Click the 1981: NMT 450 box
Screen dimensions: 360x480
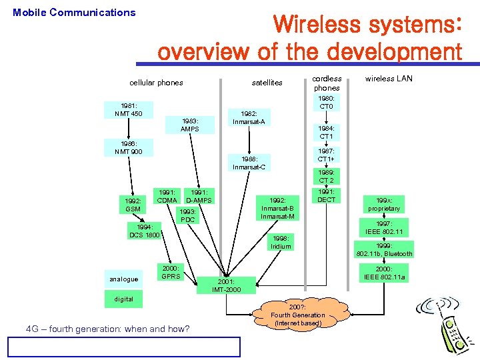coord(127,110)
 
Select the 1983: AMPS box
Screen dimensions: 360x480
coord(190,125)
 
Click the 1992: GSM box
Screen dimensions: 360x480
coord(133,205)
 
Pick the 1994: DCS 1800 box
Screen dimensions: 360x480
coord(145,231)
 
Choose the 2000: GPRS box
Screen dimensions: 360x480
coord(171,272)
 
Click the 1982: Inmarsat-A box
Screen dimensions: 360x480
coord(249,118)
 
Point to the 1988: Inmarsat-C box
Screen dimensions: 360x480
coord(249,163)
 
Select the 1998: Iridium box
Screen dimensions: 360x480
coord(281,242)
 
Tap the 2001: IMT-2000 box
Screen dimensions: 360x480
coord(223,285)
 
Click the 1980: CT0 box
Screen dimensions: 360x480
coord(327,102)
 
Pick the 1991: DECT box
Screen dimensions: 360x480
coord(327,196)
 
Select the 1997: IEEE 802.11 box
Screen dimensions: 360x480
coord(383,227)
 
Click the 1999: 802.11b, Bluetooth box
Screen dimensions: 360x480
coord(384,249)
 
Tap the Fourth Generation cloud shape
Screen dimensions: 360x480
coord(298,315)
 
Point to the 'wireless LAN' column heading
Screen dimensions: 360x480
coord(389,79)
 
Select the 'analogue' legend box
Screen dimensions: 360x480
coord(124,279)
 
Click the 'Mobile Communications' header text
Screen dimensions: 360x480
coord(74,12)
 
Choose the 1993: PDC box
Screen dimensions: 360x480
coord(187,215)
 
